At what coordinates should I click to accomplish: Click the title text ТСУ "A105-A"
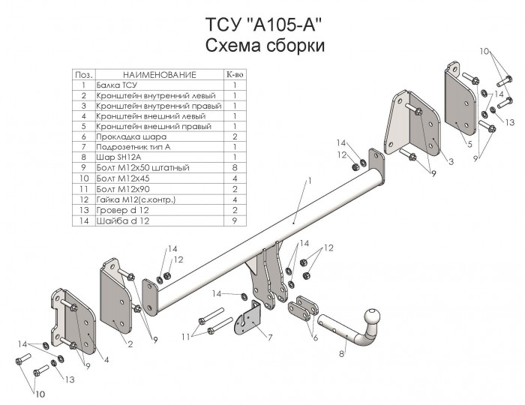264,23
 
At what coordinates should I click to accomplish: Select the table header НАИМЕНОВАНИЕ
159,76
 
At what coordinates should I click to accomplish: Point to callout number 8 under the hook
343,354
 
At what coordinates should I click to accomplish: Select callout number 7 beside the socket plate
269,337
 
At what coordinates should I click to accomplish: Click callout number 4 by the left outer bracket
105,360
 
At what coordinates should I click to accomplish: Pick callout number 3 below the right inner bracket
451,161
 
